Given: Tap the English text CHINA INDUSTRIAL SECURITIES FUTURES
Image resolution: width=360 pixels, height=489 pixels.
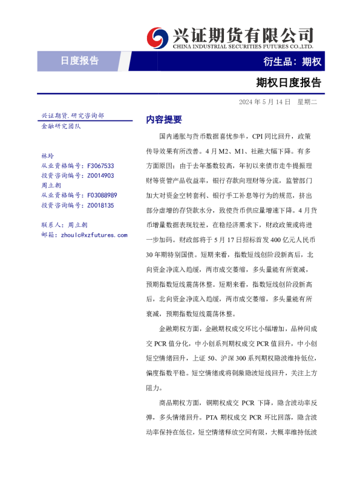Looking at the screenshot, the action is point(242,46).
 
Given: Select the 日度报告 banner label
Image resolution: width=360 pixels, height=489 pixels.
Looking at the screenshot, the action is point(79,61).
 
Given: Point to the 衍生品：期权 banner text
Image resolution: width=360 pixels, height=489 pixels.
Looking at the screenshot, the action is point(292,61).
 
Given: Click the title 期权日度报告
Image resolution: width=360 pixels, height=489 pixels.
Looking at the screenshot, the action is point(289,82).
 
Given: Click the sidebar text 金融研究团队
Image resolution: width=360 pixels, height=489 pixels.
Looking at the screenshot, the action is point(61,126).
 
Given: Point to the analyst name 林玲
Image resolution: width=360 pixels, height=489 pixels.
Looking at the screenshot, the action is point(47,156).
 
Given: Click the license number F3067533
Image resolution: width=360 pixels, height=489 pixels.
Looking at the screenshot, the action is point(100,165).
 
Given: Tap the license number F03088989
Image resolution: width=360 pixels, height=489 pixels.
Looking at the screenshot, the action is point(102,195).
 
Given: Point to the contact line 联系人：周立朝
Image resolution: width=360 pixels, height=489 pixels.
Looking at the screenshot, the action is point(64,225).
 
